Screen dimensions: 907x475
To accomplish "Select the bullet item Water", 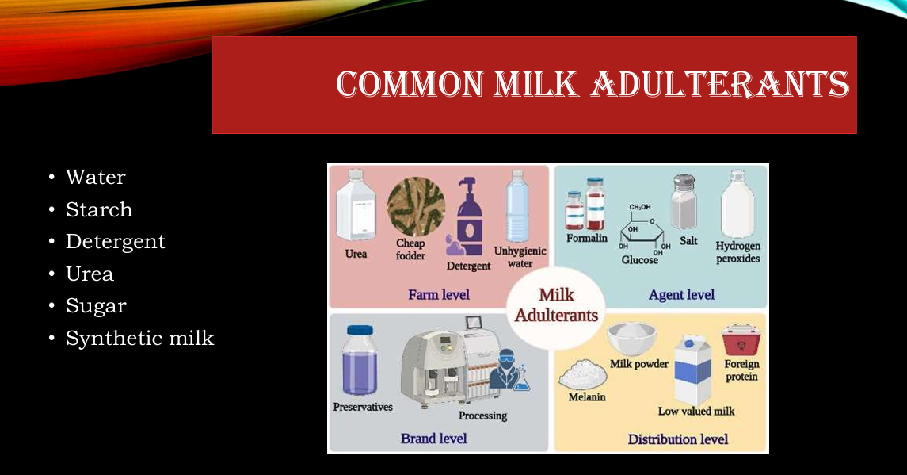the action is pos(95,178).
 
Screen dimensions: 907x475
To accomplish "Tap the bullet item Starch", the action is pos(99,209).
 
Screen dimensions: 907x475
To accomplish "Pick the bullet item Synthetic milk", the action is pos(140,338).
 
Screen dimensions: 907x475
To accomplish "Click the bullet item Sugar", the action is pos(96,306).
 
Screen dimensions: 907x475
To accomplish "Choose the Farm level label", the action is pos(439,295).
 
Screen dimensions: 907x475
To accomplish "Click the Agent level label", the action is pos(681,295).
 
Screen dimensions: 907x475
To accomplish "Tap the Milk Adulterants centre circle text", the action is pos(556,305).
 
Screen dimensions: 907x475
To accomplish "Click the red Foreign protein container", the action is pos(741,341).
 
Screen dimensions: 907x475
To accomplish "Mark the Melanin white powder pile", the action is pos(583,374).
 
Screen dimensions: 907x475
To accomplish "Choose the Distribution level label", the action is pos(678,439).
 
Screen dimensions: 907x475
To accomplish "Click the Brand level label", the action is pos(434,439).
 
